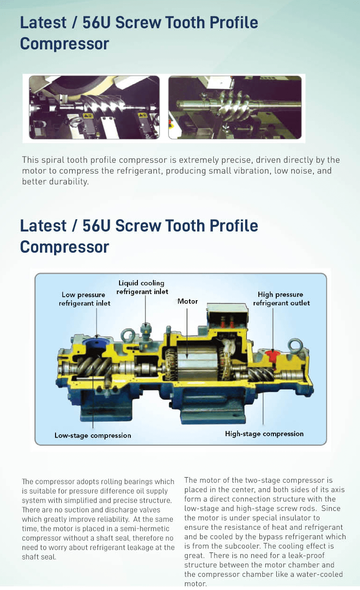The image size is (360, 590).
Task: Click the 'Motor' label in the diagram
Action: (x=187, y=301)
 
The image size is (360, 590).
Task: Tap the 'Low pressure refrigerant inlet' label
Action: (x=84, y=299)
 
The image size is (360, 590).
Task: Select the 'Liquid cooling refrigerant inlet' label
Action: (x=142, y=287)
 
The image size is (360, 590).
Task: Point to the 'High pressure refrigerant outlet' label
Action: (x=281, y=299)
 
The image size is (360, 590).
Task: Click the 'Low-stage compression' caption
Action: (x=93, y=435)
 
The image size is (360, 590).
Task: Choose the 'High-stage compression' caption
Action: (x=264, y=434)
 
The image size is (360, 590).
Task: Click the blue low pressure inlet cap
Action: (x=96, y=343)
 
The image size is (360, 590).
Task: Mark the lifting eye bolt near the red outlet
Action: (x=295, y=345)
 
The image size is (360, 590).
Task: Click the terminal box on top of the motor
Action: (x=227, y=316)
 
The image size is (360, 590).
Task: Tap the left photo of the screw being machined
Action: (x=94, y=107)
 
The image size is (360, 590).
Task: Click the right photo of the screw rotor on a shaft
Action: (x=235, y=107)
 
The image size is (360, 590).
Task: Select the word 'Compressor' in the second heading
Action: (x=64, y=247)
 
